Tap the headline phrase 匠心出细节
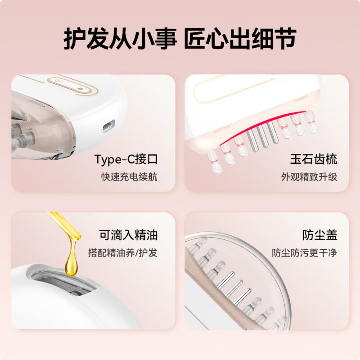[240, 39]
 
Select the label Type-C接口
[126, 159]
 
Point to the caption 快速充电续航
[129, 176]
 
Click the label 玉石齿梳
[314, 159]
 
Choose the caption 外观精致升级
[309, 176]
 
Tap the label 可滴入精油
[128, 235]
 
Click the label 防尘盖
[320, 235]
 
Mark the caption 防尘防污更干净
[304, 252]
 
